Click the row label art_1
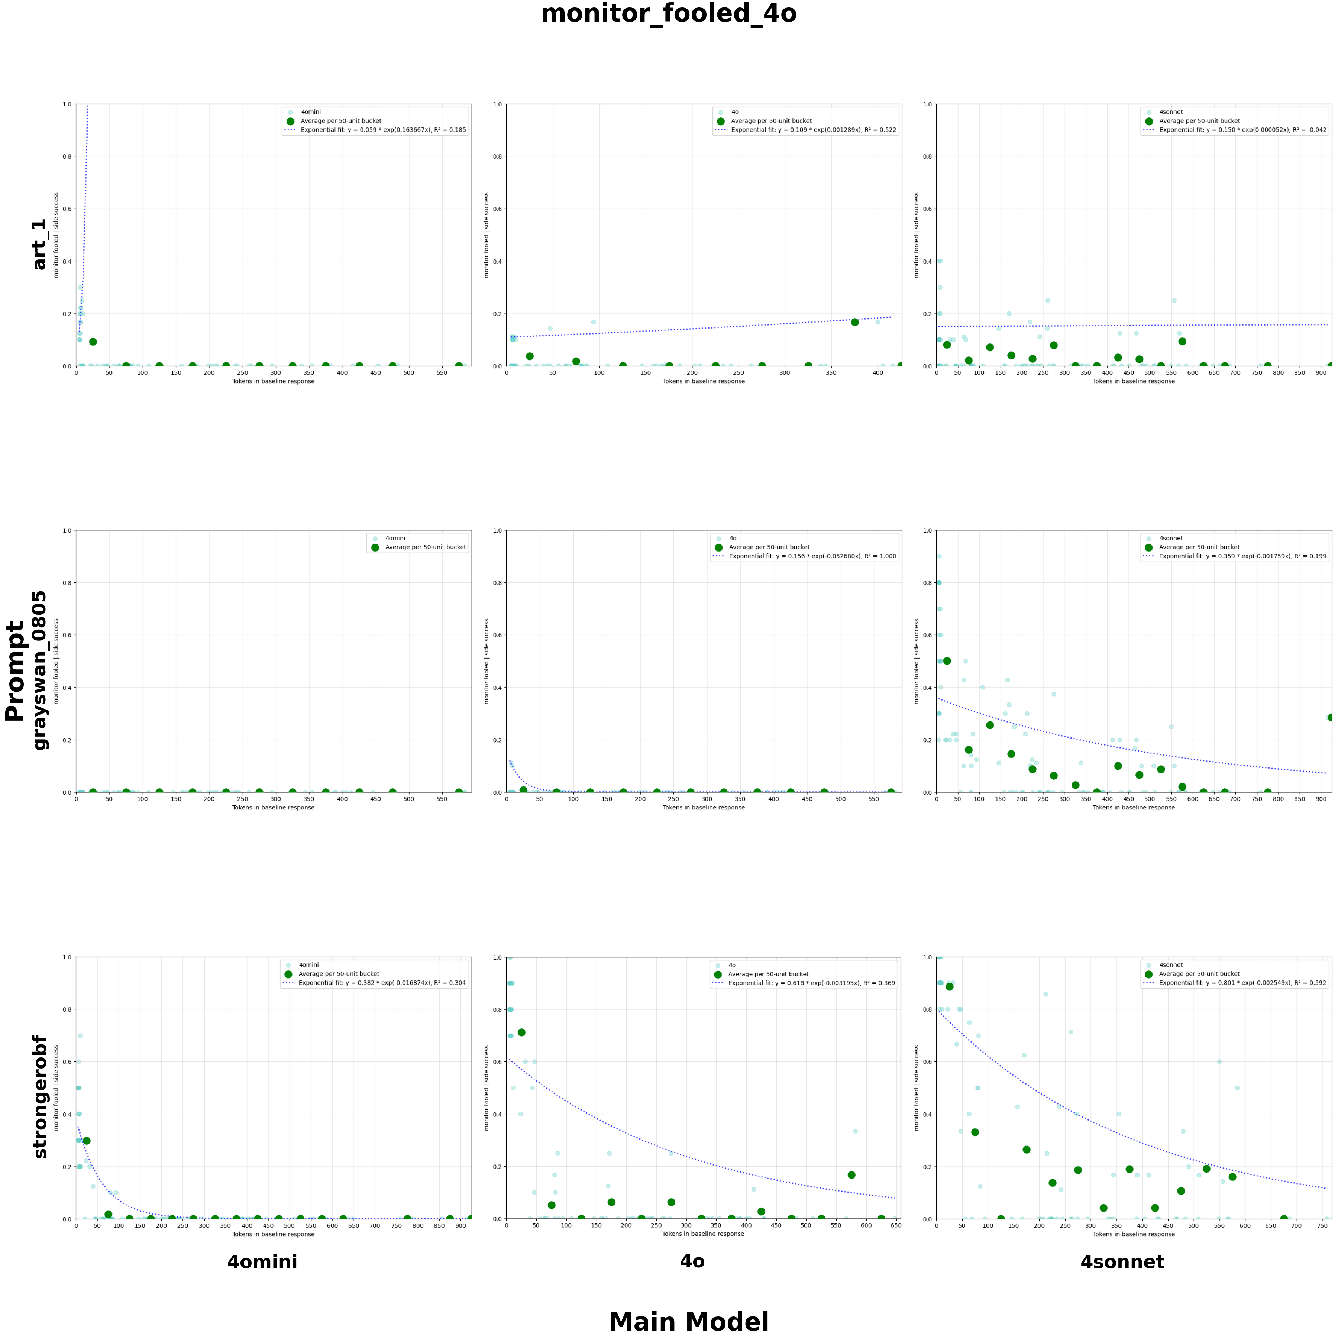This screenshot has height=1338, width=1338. [39, 245]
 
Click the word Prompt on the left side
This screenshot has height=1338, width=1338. [15, 670]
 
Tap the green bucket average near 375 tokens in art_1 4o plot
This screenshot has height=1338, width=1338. [854, 322]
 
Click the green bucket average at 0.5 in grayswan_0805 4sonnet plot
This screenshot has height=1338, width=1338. [947, 661]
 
